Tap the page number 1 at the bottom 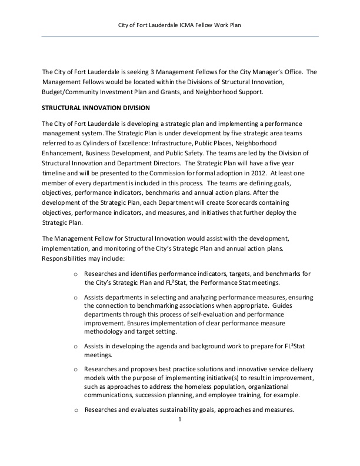pos(180,420)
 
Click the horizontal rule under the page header pos(180,37)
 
